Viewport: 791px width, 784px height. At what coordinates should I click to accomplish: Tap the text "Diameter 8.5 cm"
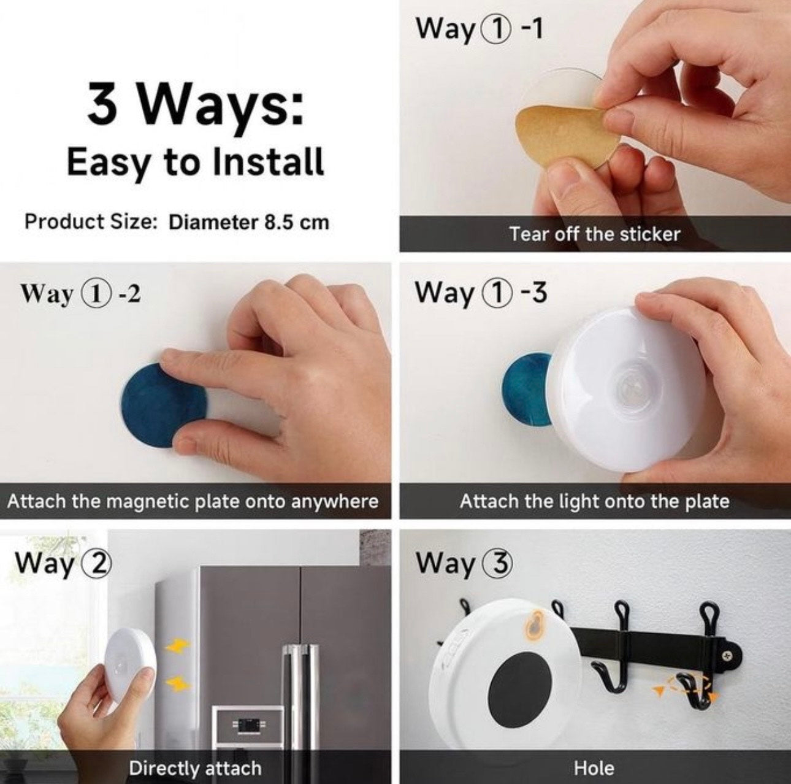[248, 221]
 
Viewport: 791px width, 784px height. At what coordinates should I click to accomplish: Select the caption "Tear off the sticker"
[594, 234]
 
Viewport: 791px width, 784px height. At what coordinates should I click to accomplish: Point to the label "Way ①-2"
[80, 293]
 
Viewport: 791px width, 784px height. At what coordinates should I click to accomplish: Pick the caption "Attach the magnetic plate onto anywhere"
[193, 501]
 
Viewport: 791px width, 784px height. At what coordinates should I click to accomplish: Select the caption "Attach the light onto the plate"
[594, 501]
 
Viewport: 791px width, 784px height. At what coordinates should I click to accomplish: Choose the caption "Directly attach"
[195, 768]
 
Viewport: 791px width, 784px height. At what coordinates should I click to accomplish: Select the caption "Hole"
[594, 768]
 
